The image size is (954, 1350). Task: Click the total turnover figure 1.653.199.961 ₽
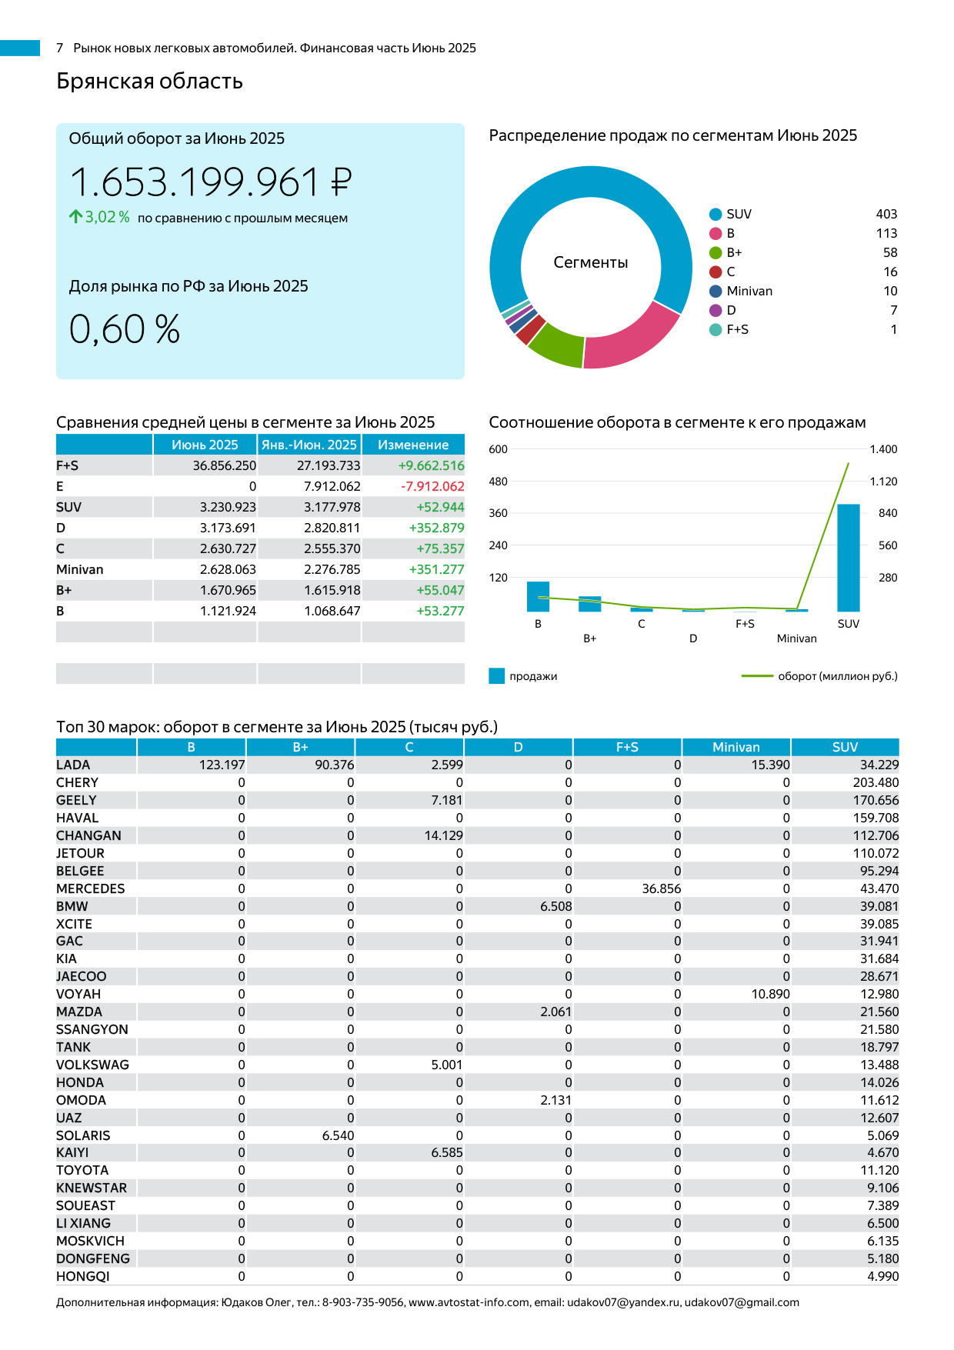click(x=210, y=183)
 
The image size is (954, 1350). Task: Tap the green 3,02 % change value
click(x=107, y=218)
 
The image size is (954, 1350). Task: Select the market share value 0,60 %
click(x=125, y=329)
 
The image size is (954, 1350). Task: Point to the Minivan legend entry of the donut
click(x=749, y=291)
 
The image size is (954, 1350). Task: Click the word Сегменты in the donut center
click(x=591, y=263)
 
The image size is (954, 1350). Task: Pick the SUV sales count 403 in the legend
click(x=886, y=214)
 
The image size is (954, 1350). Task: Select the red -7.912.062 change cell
click(x=432, y=486)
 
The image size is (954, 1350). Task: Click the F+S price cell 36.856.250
click(x=225, y=465)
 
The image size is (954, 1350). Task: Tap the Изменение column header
click(x=413, y=445)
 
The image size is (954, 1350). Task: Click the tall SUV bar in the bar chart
click(x=848, y=558)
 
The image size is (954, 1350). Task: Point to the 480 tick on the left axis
click(x=499, y=482)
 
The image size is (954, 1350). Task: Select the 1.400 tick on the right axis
click(x=883, y=449)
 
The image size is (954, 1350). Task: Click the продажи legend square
click(x=497, y=676)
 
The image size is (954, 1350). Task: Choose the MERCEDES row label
click(x=90, y=888)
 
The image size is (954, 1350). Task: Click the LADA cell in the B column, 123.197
click(x=222, y=765)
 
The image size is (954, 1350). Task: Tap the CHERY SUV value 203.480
click(x=876, y=782)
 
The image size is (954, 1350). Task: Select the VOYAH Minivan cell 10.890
click(x=770, y=994)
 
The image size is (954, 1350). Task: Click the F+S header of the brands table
click(x=627, y=747)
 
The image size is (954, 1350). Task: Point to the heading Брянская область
click(x=149, y=82)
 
